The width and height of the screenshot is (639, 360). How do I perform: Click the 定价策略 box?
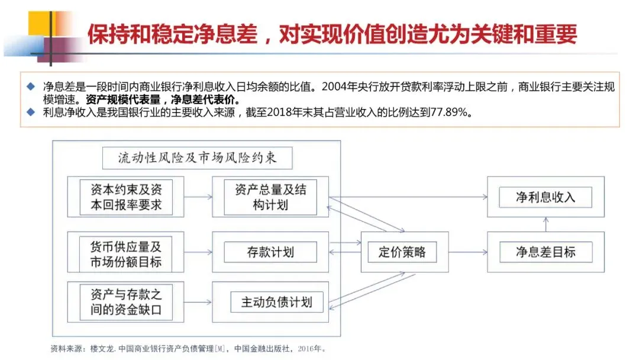tap(402, 252)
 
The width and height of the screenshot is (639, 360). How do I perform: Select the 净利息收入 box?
tap(545, 197)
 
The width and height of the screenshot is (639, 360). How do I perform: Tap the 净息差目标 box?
tap(545, 252)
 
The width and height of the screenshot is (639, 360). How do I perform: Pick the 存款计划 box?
tap(270, 252)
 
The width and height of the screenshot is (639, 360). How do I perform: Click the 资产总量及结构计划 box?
tap(270, 197)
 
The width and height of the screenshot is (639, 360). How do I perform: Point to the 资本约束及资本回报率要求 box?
tap(126, 197)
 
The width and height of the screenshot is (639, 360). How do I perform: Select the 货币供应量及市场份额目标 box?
tap(126, 253)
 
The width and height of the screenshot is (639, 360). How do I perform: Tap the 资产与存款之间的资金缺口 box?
tap(126, 302)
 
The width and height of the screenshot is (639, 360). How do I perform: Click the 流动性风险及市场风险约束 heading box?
tap(197, 158)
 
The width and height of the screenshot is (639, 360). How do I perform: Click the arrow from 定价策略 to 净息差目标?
tap(467, 252)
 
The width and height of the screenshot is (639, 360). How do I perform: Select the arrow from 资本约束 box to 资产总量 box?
tap(198, 197)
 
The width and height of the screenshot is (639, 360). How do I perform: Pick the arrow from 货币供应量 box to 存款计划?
tap(198, 253)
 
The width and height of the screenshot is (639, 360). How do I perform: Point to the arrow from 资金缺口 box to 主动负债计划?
tap(198, 303)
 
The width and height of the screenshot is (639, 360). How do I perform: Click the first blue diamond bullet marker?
tap(32, 86)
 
